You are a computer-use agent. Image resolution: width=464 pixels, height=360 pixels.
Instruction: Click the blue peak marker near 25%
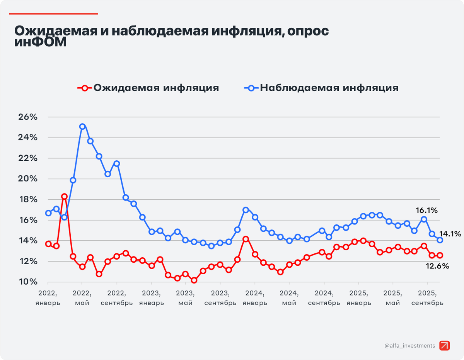[x=82, y=126]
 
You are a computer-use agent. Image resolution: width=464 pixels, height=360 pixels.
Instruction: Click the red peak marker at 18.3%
[x=65, y=197]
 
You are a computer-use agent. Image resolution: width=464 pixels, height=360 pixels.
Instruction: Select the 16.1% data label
[x=427, y=211]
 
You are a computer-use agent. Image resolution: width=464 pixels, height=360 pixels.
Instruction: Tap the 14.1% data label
[x=450, y=234]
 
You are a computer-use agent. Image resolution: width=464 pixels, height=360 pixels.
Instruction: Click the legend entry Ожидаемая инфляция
[x=148, y=88]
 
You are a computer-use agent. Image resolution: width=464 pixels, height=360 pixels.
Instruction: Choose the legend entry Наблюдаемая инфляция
[x=322, y=88]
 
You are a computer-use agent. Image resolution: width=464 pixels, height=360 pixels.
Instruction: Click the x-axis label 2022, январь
[x=48, y=297]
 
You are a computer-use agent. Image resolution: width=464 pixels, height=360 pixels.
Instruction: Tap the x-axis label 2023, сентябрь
[x=220, y=297]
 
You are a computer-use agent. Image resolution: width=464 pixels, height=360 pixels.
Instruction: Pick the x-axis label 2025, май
[x=393, y=297]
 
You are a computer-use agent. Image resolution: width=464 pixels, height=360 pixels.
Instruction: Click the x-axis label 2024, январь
[x=255, y=297]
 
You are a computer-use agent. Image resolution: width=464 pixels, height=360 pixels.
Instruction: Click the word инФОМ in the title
[x=40, y=42]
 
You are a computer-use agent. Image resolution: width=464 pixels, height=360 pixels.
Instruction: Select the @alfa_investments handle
[x=410, y=346]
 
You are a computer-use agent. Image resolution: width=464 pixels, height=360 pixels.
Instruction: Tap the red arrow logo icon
[x=445, y=346]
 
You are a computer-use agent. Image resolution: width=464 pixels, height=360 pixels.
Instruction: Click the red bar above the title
[x=53, y=14]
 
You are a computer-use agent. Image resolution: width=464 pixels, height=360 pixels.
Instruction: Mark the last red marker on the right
[x=440, y=255]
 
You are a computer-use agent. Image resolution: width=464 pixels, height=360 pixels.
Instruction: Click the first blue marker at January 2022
[x=48, y=213]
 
